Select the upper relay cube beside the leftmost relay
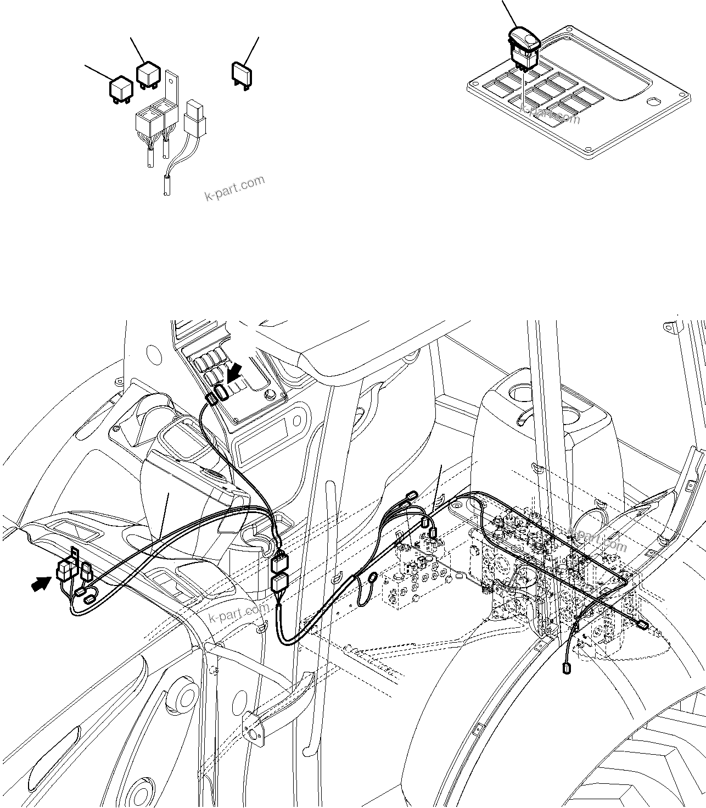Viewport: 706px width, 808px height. coord(148,75)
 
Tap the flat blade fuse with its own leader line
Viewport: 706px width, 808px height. coord(241,74)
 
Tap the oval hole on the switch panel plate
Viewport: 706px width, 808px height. coord(653,102)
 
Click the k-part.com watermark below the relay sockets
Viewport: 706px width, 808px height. coord(234,188)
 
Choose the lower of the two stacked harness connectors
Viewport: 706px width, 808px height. coord(280,584)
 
